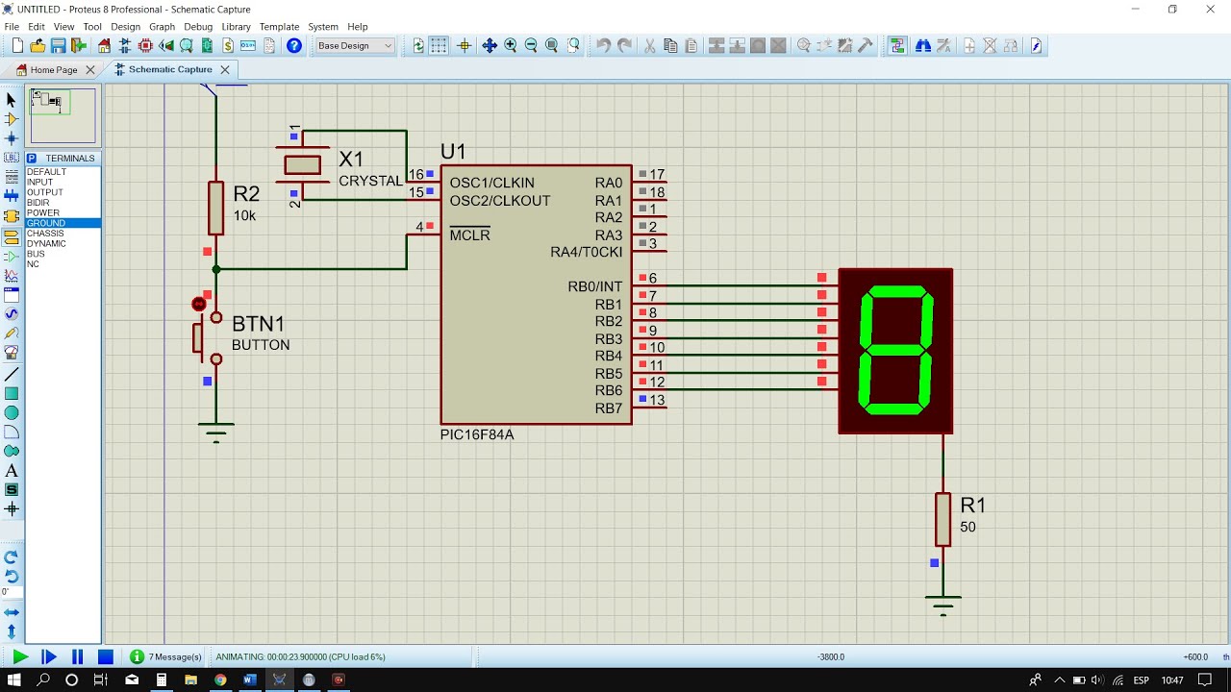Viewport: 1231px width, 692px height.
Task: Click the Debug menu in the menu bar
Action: coord(198,27)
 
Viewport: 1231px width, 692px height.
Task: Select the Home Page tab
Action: coord(53,70)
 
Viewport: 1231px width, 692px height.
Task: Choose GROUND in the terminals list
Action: coord(46,223)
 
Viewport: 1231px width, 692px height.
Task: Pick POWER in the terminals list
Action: coord(43,212)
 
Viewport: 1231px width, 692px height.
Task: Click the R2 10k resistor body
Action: coord(216,208)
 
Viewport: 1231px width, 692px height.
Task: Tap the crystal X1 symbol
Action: coord(302,165)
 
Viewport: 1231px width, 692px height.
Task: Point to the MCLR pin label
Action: coord(469,235)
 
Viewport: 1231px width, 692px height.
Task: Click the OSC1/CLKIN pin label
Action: coord(491,183)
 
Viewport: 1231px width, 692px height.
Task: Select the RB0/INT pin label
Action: coord(595,286)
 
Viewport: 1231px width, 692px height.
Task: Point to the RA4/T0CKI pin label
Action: coord(586,252)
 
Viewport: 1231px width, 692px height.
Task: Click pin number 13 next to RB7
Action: coord(657,400)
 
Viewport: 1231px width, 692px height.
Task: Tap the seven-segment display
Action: coord(895,351)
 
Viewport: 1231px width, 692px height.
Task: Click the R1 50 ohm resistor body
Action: coord(943,520)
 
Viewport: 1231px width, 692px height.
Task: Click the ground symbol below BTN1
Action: coord(216,430)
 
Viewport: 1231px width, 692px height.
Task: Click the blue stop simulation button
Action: coord(106,657)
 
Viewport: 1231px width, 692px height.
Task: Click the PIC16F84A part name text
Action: coord(477,434)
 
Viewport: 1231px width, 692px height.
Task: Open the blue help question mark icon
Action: coord(294,46)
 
